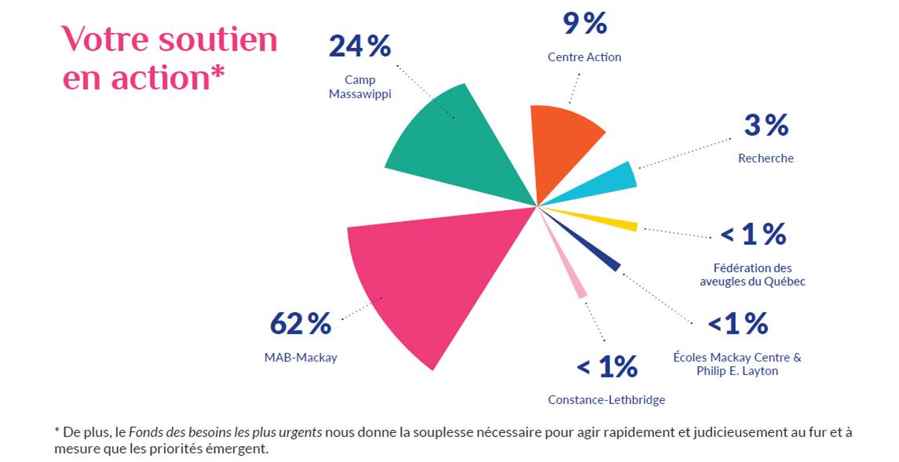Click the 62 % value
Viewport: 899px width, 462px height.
300,323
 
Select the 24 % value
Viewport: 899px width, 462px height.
360,46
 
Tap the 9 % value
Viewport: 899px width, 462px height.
584,24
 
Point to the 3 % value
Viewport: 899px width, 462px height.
766,125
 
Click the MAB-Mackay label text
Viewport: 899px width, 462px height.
300,358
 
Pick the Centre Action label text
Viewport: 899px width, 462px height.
584,57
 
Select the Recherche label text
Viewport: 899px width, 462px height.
766,158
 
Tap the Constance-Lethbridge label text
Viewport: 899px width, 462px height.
606,400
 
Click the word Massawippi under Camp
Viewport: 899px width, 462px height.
360,94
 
